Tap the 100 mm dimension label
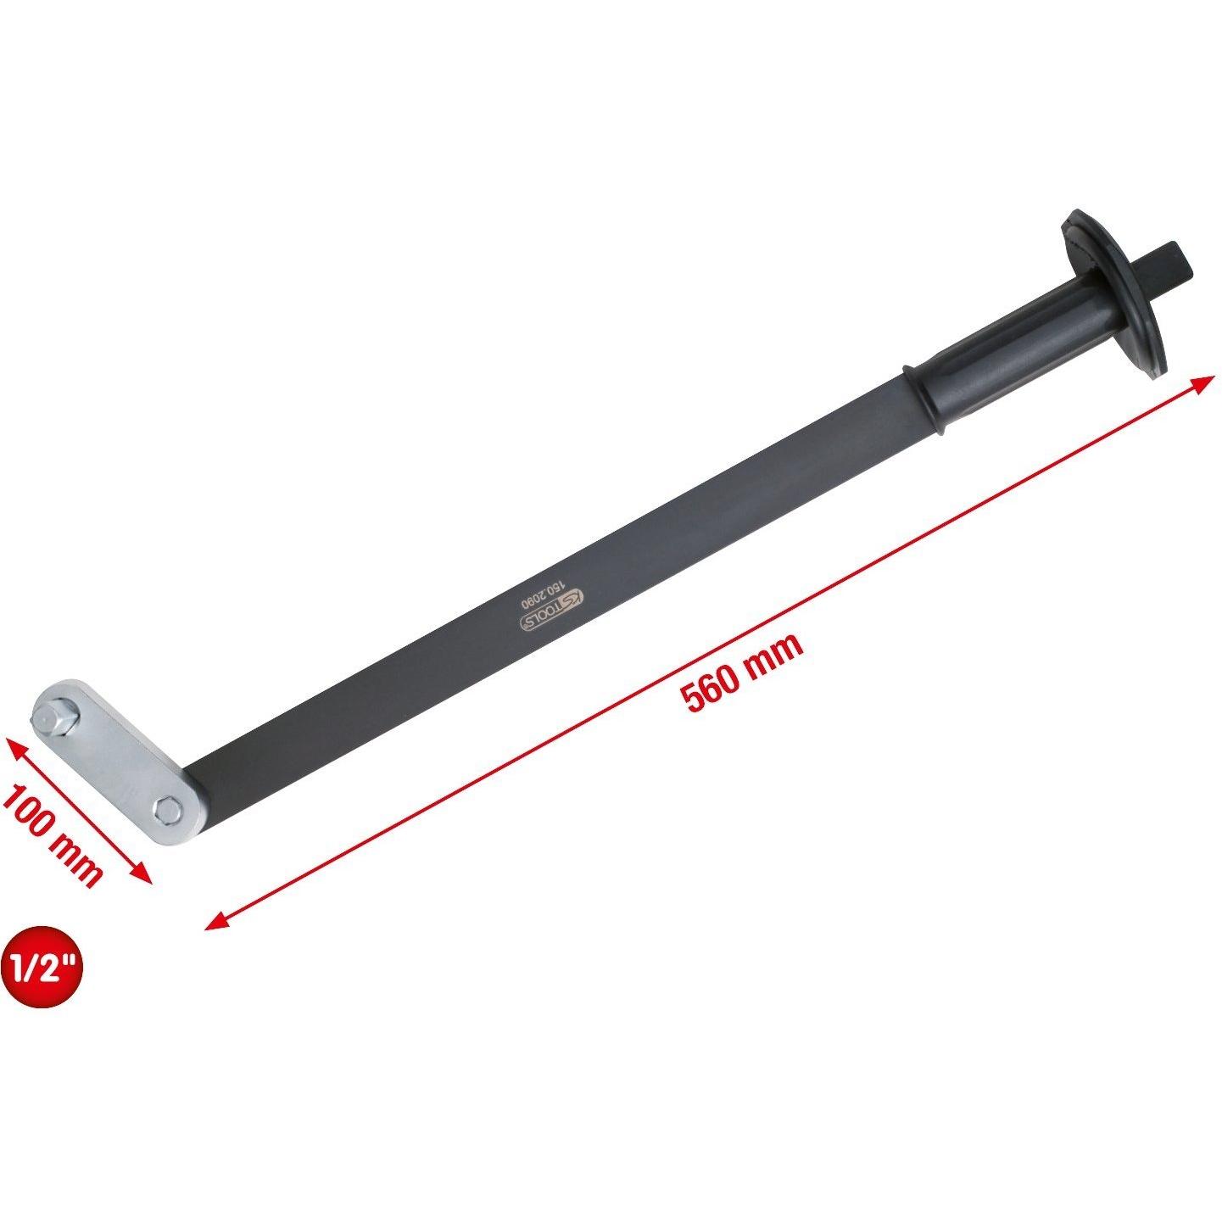pos(51,834)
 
